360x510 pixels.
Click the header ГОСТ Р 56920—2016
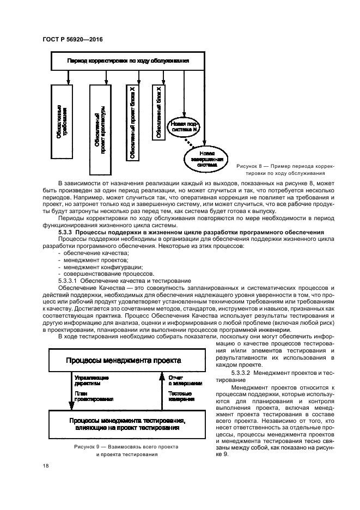tap(71, 39)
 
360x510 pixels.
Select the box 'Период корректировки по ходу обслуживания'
tap(127, 61)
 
